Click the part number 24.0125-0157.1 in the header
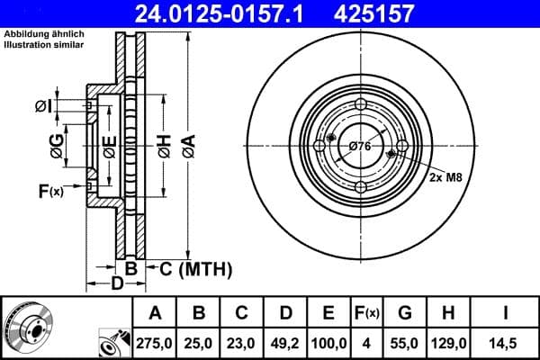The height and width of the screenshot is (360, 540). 233,13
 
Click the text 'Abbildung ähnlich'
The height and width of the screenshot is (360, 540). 43,33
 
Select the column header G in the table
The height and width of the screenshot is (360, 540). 405,313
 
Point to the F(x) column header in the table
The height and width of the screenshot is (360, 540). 367,313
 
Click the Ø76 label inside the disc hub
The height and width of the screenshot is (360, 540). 360,146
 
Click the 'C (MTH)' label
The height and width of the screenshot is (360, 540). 195,268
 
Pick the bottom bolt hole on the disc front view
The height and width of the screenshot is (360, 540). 361,187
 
